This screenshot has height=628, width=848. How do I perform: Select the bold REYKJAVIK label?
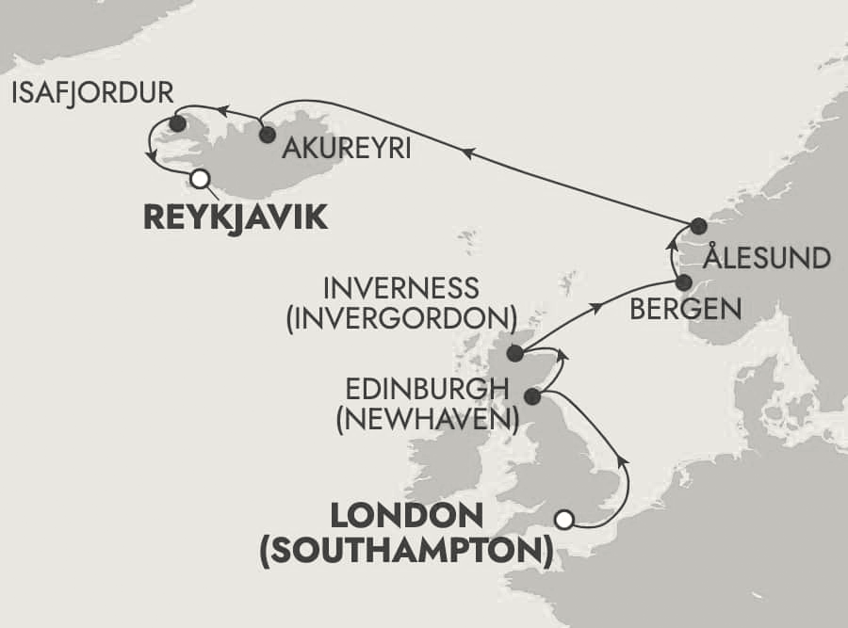(x=236, y=218)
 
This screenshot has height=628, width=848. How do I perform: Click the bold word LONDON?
(x=405, y=516)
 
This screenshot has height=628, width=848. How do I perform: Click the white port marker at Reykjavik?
(x=199, y=178)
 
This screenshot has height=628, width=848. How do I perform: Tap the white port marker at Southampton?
(x=563, y=519)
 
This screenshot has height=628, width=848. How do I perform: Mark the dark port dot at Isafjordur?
(x=176, y=123)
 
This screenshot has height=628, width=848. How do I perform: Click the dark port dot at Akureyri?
(x=267, y=135)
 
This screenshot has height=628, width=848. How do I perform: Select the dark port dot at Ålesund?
(x=697, y=226)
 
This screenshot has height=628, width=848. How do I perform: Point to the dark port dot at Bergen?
(x=684, y=282)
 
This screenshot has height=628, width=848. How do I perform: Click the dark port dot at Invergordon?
(x=514, y=354)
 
